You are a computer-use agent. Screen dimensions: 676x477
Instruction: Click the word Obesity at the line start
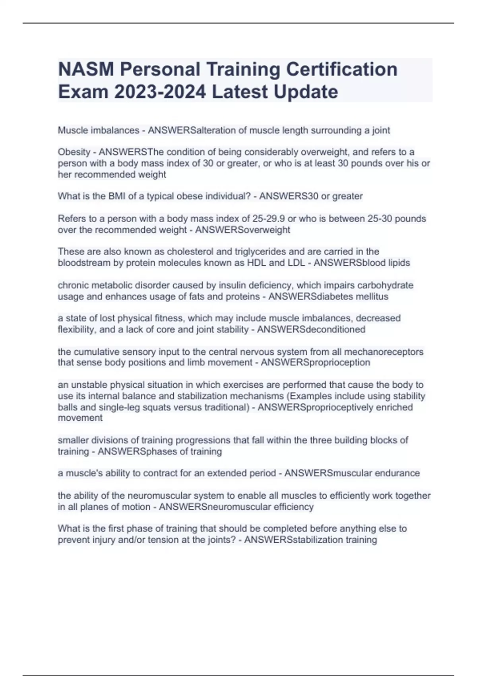click(74, 152)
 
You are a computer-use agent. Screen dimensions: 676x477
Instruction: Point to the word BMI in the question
click(117, 196)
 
